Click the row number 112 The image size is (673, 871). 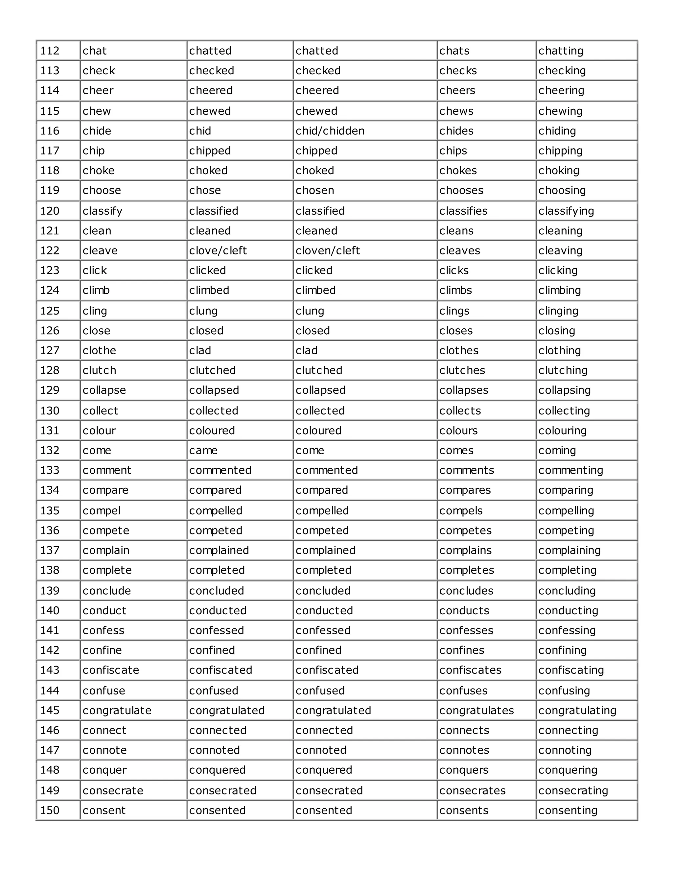click(x=50, y=51)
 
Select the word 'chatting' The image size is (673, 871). click(x=561, y=51)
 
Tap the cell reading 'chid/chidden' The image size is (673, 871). click(x=330, y=131)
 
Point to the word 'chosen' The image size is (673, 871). click(x=314, y=190)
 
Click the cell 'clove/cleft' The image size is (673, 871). click(x=218, y=250)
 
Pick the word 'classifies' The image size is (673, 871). click(x=463, y=211)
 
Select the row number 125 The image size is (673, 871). click(x=50, y=311)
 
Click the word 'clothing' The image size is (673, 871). click(x=559, y=351)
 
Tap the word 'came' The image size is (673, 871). click(x=203, y=450)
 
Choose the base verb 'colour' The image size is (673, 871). click(x=99, y=431)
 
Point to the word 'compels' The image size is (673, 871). click(x=461, y=510)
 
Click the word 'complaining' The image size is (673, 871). click(x=569, y=550)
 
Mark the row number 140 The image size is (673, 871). click(x=50, y=611)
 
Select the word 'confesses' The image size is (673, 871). click(x=466, y=630)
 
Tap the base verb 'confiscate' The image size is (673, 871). click(x=111, y=670)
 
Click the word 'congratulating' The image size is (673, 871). click(x=577, y=710)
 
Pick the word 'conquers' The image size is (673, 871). click(x=464, y=770)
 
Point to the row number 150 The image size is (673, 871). click(x=50, y=811)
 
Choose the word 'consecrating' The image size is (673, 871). click(x=573, y=790)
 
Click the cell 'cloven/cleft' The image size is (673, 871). click(x=328, y=250)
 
